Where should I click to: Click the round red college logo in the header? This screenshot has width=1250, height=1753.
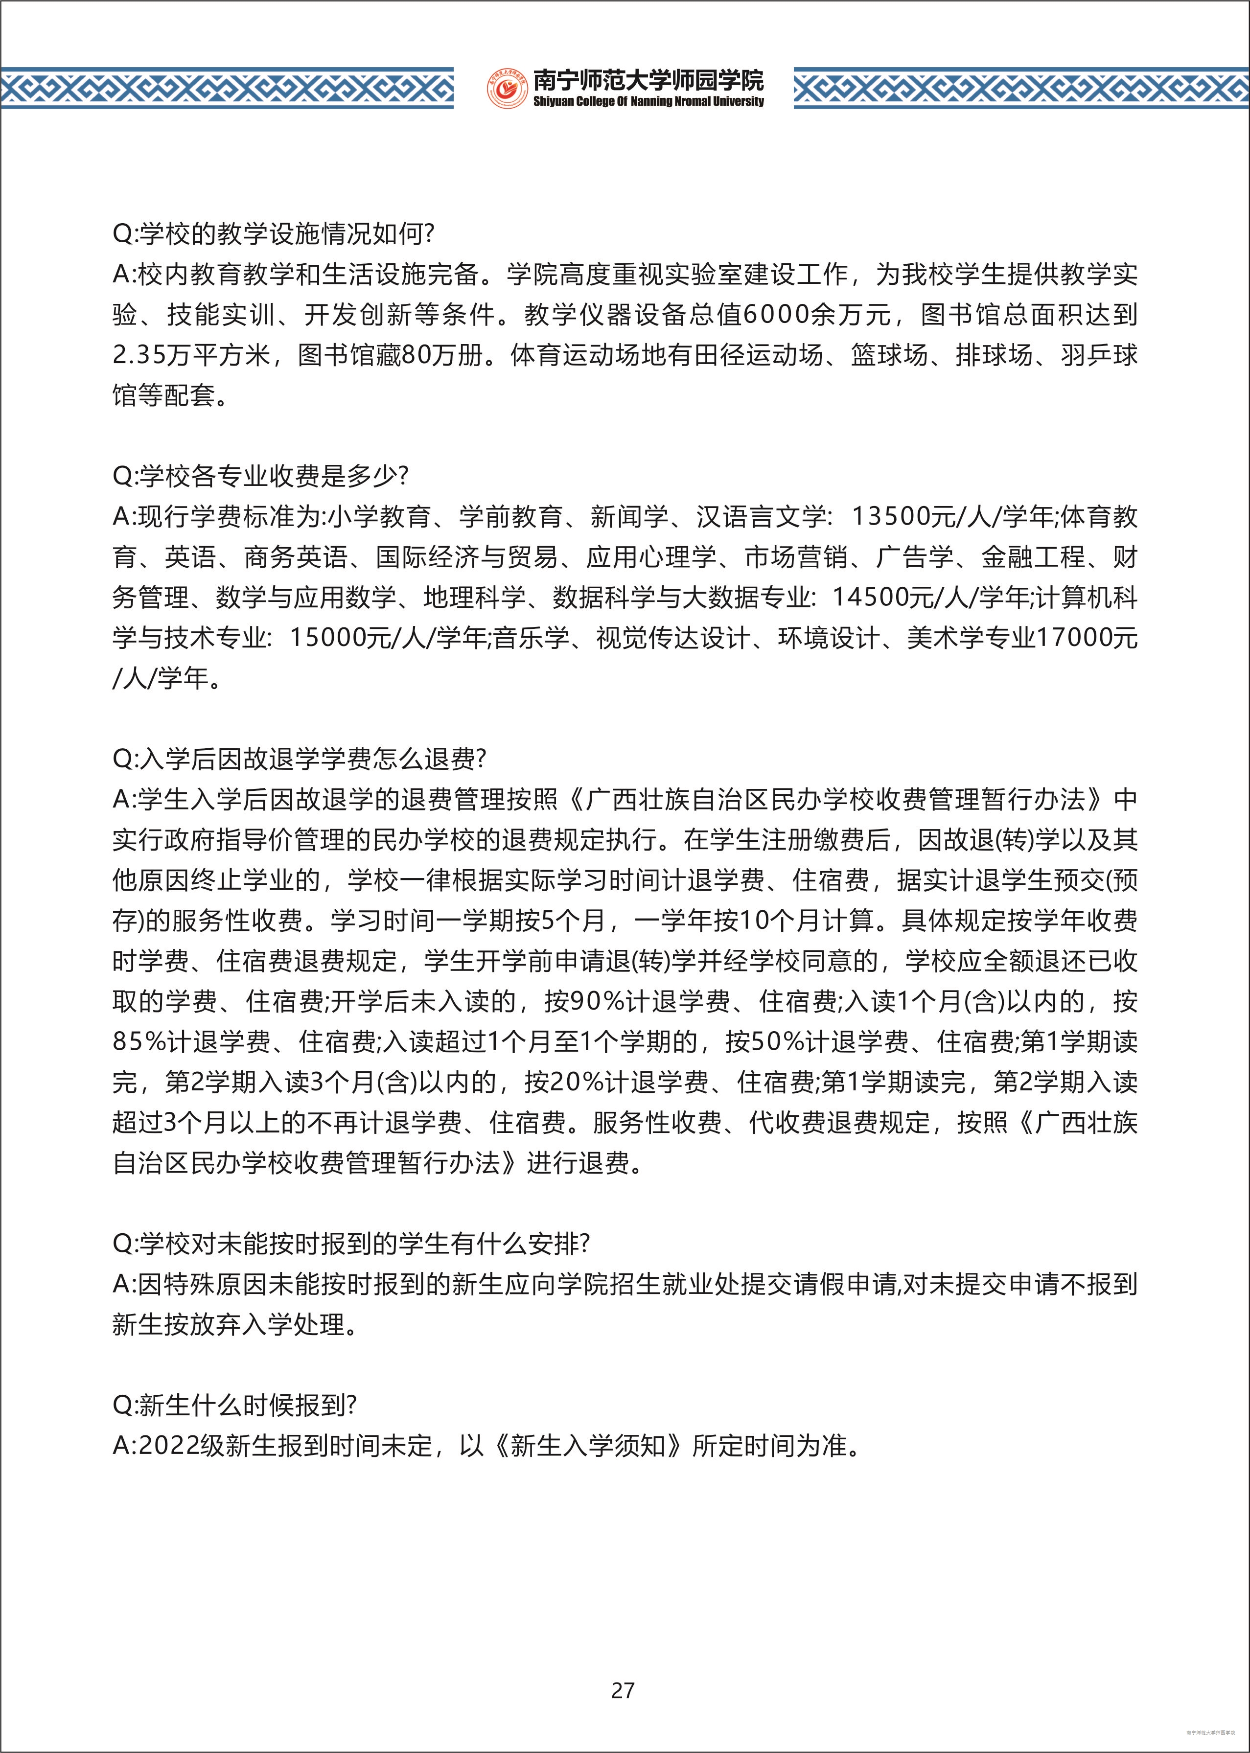[x=507, y=89]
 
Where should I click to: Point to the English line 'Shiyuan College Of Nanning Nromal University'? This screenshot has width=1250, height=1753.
[x=648, y=102]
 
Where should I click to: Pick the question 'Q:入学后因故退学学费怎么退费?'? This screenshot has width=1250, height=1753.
[x=300, y=760]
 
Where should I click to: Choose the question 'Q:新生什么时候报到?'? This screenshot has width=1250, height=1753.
[x=235, y=1405]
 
